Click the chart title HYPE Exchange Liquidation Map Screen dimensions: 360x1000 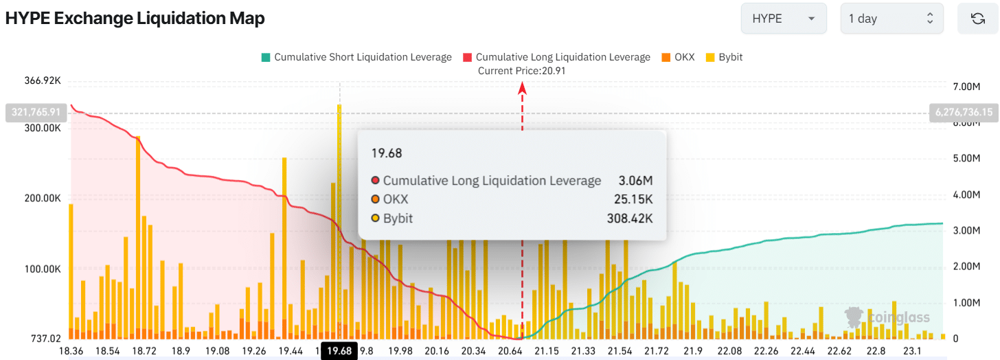tap(135, 19)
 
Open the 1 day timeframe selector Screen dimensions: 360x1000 tap(891, 19)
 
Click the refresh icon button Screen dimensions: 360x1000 tap(978, 19)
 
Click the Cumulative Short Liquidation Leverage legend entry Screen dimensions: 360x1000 tap(356, 57)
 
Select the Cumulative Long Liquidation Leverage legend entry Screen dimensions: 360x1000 tap(556, 57)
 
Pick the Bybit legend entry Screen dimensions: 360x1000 tap(724, 57)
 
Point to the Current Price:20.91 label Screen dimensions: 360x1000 tap(522, 71)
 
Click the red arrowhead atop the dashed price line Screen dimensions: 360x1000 tap(522, 87)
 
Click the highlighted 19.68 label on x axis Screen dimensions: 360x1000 tap(339, 351)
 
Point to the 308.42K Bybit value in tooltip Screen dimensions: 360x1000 tap(630, 218)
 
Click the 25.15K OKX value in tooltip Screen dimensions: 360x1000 tap(633, 199)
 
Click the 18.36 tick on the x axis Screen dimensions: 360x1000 tap(71, 351)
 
